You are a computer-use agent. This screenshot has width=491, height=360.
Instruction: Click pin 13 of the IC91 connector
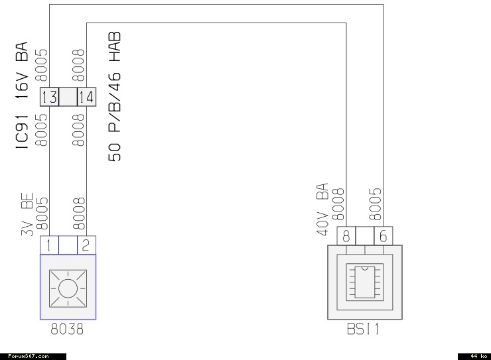(50, 97)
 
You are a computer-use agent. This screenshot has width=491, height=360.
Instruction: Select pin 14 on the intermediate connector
(87, 97)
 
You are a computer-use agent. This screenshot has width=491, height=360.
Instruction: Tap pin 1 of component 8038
(49, 246)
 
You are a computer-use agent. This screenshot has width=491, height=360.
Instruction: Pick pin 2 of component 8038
(86, 246)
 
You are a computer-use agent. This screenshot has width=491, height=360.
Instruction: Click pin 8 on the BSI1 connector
(346, 235)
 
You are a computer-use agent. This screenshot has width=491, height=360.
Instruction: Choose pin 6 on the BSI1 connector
(384, 235)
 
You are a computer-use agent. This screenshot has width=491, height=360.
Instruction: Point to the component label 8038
(67, 328)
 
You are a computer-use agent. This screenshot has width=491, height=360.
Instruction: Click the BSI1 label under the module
(364, 328)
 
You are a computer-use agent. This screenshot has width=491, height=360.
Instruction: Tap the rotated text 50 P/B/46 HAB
(115, 97)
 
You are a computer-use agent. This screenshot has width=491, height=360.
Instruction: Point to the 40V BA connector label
(323, 206)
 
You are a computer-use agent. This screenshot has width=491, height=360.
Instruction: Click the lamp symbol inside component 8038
(67, 288)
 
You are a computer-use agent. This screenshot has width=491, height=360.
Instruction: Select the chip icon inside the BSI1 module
(365, 282)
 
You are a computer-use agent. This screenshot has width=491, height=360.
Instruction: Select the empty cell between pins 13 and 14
(68, 97)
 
